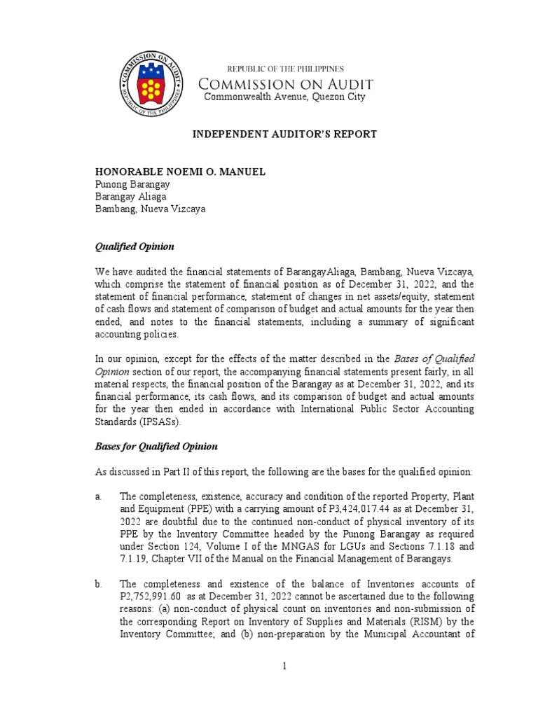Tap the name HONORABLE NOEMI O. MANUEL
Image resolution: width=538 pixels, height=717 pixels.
coord(180,172)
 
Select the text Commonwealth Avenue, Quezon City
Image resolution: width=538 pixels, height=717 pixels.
coord(284,97)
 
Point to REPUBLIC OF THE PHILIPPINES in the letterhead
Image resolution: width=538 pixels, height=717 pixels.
coord(284,69)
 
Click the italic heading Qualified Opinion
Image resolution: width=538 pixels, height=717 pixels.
coord(134,247)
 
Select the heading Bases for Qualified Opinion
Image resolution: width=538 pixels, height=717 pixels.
coord(156,446)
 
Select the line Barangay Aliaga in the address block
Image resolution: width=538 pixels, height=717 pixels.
coord(130,197)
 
